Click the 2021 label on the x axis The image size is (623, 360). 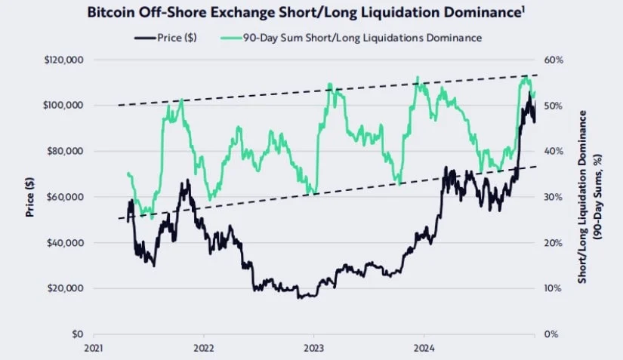click(94, 349)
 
